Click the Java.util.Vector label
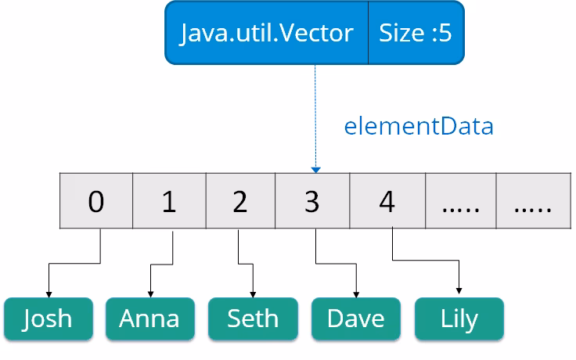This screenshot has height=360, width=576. coord(267,33)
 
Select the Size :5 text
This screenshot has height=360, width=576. coord(416,33)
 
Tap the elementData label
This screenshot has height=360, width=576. coord(419,126)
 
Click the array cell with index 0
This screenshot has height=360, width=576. coord(96,201)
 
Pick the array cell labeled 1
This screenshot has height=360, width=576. coord(169,201)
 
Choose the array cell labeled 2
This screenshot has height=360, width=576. coord(240,201)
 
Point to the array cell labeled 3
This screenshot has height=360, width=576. coord(312,201)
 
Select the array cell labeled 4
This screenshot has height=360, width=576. coord(387,201)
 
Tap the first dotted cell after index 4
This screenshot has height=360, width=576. coord(460,201)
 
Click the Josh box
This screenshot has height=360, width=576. coord(48,318)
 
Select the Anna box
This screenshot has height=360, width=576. coord(149,318)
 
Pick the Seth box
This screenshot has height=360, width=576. coord(253,318)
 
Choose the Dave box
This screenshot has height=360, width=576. coord(356,318)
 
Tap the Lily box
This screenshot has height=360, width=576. coord(459,318)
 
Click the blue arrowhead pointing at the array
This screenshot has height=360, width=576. coord(315,169)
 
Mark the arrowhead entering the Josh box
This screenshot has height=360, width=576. coord(49,293)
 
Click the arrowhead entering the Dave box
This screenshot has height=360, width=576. coord(357,293)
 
